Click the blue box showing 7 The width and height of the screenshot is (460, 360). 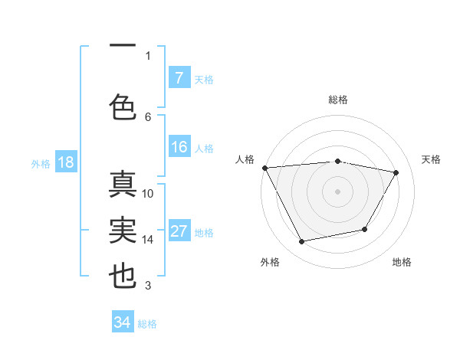[179, 77]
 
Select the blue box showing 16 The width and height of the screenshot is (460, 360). [179, 147]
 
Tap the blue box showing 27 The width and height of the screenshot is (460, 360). [179, 231]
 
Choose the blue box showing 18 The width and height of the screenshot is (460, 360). [64, 162]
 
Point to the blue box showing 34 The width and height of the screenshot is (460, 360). [122, 322]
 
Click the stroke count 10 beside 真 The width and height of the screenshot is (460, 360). [148, 193]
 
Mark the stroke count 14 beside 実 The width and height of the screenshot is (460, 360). [148, 240]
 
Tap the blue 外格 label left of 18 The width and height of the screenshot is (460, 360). [40, 163]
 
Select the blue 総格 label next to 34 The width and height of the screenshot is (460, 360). [147, 324]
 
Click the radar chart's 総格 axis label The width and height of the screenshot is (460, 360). [338, 100]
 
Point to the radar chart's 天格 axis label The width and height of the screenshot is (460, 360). [431, 159]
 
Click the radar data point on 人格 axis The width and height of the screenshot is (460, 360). [264, 168]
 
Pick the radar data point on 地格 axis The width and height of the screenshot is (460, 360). [365, 229]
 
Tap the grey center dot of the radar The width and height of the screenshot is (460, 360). [338, 191]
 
